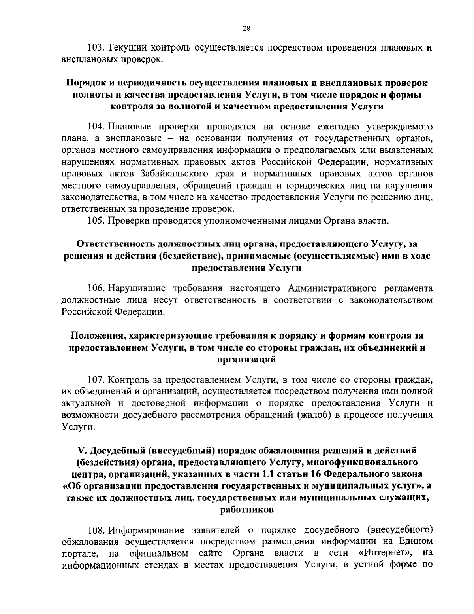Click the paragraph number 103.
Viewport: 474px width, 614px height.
(95, 49)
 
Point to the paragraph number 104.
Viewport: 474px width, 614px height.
(95, 127)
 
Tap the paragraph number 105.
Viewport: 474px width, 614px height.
(95, 220)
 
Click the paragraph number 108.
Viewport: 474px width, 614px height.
(95, 529)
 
